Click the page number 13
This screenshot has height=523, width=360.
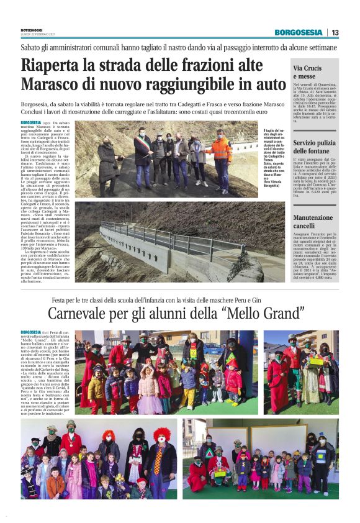tap(335, 32)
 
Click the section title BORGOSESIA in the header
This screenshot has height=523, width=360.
tap(300, 32)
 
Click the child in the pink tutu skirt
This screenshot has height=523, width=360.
tap(148, 398)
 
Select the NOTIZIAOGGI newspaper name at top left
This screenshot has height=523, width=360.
tap(32, 30)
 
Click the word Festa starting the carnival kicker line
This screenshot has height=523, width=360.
tap(60, 301)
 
